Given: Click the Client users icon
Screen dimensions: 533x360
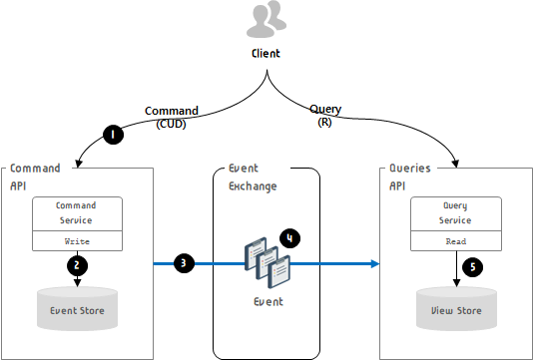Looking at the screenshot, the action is click(x=266, y=19).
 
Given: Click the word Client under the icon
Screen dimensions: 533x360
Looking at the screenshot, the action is click(x=266, y=54).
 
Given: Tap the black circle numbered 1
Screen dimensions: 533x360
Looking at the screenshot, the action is click(x=113, y=135).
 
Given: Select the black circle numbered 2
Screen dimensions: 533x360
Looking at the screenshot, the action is click(x=77, y=265).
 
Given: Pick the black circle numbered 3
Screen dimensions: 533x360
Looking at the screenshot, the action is click(x=184, y=263).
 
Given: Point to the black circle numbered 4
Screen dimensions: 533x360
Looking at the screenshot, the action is click(x=289, y=238).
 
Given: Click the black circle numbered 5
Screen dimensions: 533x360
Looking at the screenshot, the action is click(x=472, y=267).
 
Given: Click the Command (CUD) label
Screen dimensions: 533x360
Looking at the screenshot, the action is click(x=172, y=117).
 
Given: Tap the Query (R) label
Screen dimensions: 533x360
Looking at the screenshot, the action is click(x=325, y=116).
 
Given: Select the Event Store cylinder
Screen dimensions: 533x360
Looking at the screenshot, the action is click(x=77, y=309).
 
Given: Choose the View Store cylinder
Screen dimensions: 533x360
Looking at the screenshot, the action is click(x=456, y=309).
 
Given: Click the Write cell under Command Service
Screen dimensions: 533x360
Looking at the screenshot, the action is click(x=77, y=241).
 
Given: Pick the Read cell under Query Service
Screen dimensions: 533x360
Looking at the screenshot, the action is click(x=456, y=241).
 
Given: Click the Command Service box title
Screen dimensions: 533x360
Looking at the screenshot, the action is click(x=76, y=213).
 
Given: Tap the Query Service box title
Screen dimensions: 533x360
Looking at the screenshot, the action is click(x=455, y=213).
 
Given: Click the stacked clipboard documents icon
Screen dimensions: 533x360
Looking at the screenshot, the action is click(x=267, y=262).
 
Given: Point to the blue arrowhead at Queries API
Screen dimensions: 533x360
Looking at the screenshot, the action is click(x=375, y=263).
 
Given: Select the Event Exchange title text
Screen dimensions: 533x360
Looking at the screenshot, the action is click(x=253, y=178).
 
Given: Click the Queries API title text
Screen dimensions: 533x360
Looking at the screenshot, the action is click(x=410, y=178).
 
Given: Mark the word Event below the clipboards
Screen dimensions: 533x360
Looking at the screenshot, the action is click(x=268, y=301).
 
